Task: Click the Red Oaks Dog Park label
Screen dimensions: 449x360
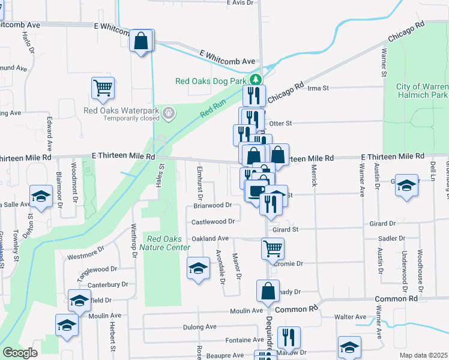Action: [211, 81]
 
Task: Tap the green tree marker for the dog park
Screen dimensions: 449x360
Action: [256, 79]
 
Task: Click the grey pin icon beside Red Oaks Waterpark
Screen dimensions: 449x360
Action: [169, 112]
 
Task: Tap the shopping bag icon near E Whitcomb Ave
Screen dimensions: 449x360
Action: [142, 41]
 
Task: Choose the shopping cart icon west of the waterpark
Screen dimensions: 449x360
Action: [103, 88]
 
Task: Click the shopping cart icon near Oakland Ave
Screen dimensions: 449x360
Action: [273, 248]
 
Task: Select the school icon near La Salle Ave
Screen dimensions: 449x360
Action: [41, 196]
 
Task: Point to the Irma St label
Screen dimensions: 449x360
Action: [318, 88]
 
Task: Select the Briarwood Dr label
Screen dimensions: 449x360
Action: [212, 205]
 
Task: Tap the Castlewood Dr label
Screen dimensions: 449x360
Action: [212, 222]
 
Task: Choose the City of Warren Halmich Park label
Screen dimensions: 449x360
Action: [422, 91]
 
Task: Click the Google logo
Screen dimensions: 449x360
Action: [20, 353]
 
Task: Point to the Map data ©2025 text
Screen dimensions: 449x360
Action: [424, 355]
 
